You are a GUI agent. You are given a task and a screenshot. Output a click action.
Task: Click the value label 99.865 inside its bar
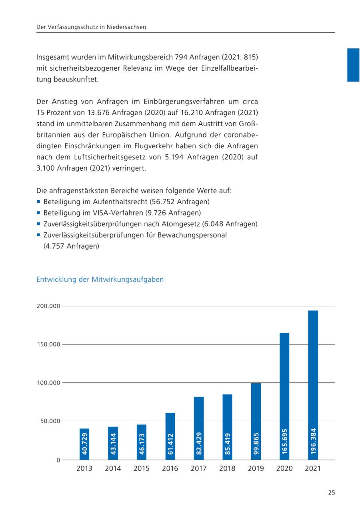click(256, 443)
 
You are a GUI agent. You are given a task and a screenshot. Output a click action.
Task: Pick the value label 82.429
click(199, 443)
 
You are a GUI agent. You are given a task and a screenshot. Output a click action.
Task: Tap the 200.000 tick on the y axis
click(48, 306)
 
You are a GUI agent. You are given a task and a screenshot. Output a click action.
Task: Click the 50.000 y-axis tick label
click(48, 421)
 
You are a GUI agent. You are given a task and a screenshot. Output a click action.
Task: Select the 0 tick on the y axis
click(58, 460)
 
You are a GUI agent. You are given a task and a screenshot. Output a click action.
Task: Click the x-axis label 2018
click(227, 468)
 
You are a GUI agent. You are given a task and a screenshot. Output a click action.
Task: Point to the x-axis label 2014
click(113, 468)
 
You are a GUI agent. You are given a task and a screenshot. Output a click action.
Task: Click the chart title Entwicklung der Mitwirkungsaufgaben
click(100, 279)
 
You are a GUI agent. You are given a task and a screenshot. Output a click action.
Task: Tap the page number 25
click(331, 492)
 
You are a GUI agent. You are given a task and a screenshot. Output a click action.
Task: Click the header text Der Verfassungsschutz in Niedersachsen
click(91, 27)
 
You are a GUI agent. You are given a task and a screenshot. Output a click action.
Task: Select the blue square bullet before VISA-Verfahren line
click(38, 213)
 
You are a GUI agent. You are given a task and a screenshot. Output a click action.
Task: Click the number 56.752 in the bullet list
click(164, 202)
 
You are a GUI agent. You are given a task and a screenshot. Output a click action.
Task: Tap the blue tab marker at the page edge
click(353, 65)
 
